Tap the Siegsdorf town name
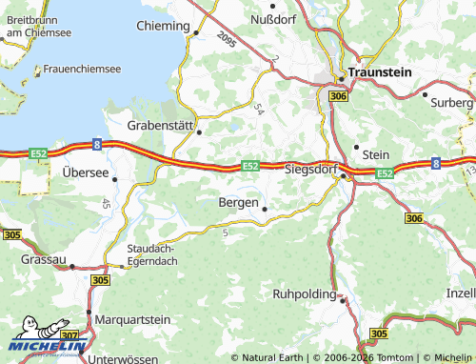point(313,169)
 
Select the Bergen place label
point(237,203)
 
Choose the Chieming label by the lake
point(163,25)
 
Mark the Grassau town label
point(44,258)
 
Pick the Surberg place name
point(451,101)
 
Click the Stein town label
point(377,152)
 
